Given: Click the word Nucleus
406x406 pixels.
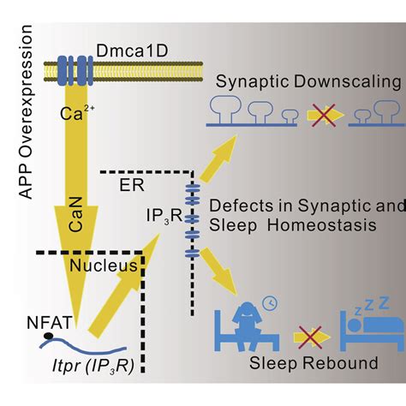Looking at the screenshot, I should (x=95, y=266).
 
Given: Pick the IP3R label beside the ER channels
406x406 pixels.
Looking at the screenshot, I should (x=161, y=207).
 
